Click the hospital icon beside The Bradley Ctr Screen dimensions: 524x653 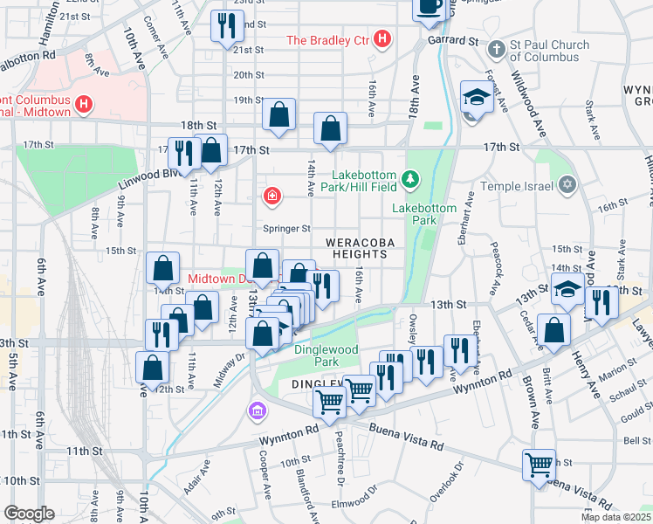click(381, 39)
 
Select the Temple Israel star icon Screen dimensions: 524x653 click(567, 185)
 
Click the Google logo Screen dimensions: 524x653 click(29, 514)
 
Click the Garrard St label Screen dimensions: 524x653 click(453, 40)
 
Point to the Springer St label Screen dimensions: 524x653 click(288, 229)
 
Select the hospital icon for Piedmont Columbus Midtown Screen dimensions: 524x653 click(84, 105)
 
